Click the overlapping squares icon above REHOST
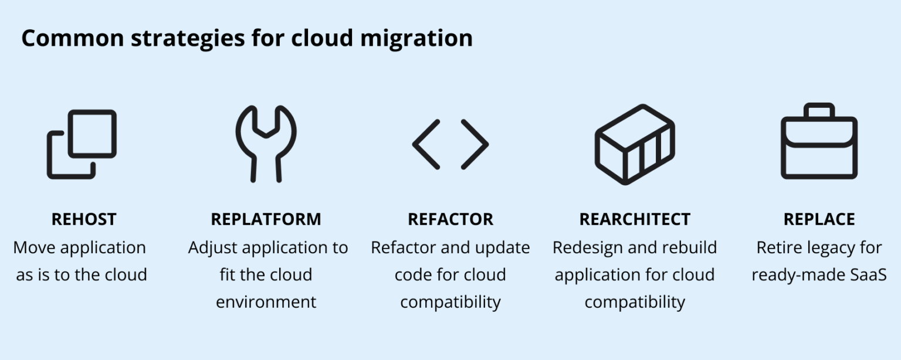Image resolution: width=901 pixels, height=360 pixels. coord(82,144)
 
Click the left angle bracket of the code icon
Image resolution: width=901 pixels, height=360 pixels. coord(426,144)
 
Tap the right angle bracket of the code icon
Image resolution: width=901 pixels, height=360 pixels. coord(475,144)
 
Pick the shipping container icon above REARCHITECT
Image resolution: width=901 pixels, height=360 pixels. coord(635,144)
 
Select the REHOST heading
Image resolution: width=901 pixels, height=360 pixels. coord(84,219)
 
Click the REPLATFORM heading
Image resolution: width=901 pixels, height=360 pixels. coord(266,219)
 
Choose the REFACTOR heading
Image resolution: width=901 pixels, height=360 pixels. coord(450,219)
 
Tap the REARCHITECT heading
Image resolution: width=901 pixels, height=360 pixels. coord(635,219)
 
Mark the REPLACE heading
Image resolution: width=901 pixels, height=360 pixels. coord(819,219)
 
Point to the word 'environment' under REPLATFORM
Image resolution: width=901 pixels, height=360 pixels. coord(266,302)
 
